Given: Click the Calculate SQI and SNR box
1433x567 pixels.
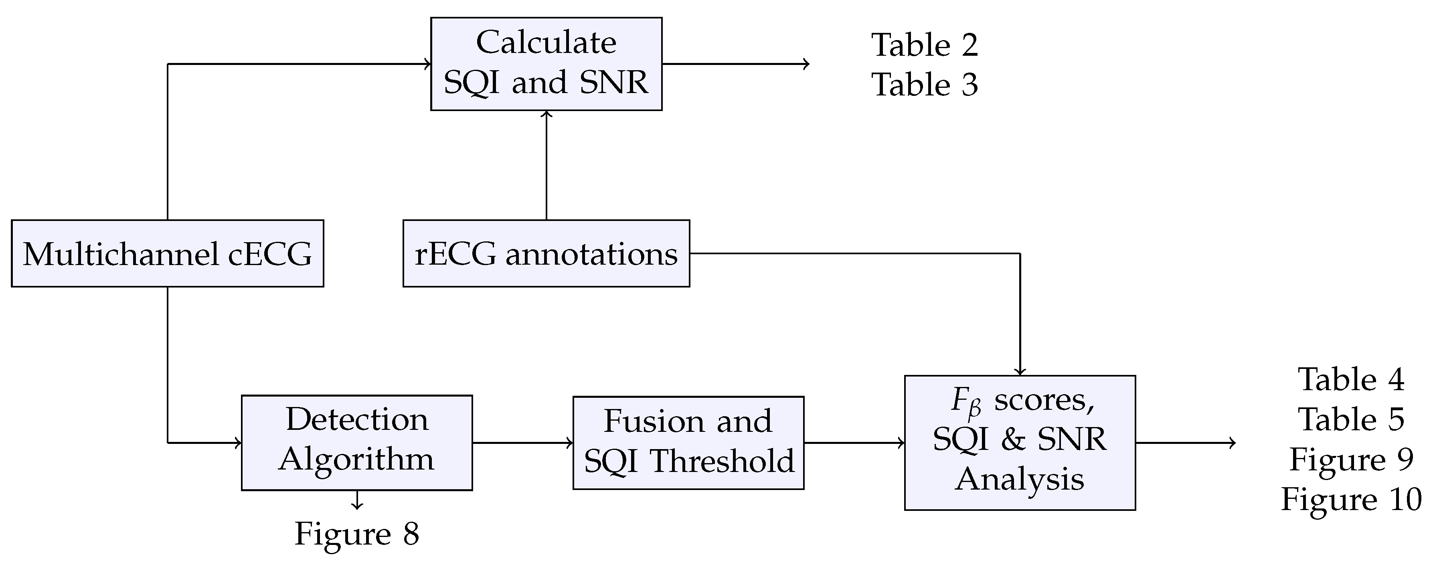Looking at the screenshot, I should point(546,64).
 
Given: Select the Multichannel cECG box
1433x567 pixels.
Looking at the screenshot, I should point(168,254).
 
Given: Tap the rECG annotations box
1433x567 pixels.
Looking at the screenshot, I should point(546,254).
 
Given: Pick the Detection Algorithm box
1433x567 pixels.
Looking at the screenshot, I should point(356,443).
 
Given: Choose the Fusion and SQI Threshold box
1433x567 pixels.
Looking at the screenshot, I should point(688,443).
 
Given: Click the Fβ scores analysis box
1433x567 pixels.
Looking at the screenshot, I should point(1019,443).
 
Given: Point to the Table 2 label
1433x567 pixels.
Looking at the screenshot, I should point(924,45).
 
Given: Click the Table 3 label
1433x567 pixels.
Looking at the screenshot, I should point(924,85).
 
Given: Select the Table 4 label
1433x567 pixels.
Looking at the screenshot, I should point(1351,380).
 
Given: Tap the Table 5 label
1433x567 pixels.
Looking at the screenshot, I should point(1351,419).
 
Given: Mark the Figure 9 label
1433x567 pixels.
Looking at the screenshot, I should point(1351,460).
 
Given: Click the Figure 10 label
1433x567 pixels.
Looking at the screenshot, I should point(1351,500).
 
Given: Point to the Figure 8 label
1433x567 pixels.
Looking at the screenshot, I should point(356,534).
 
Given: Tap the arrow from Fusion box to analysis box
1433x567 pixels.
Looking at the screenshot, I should point(854,443).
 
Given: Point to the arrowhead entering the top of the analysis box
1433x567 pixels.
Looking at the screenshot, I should point(1020,371).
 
